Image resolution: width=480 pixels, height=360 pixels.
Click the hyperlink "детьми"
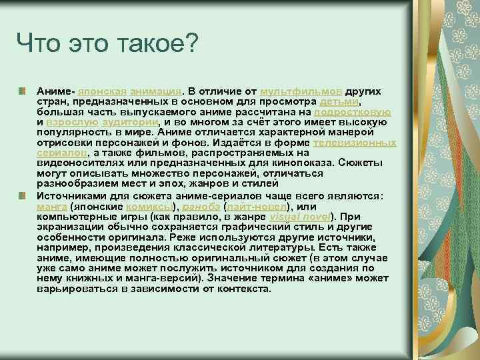340,101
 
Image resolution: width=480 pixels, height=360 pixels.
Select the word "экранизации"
67,227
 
